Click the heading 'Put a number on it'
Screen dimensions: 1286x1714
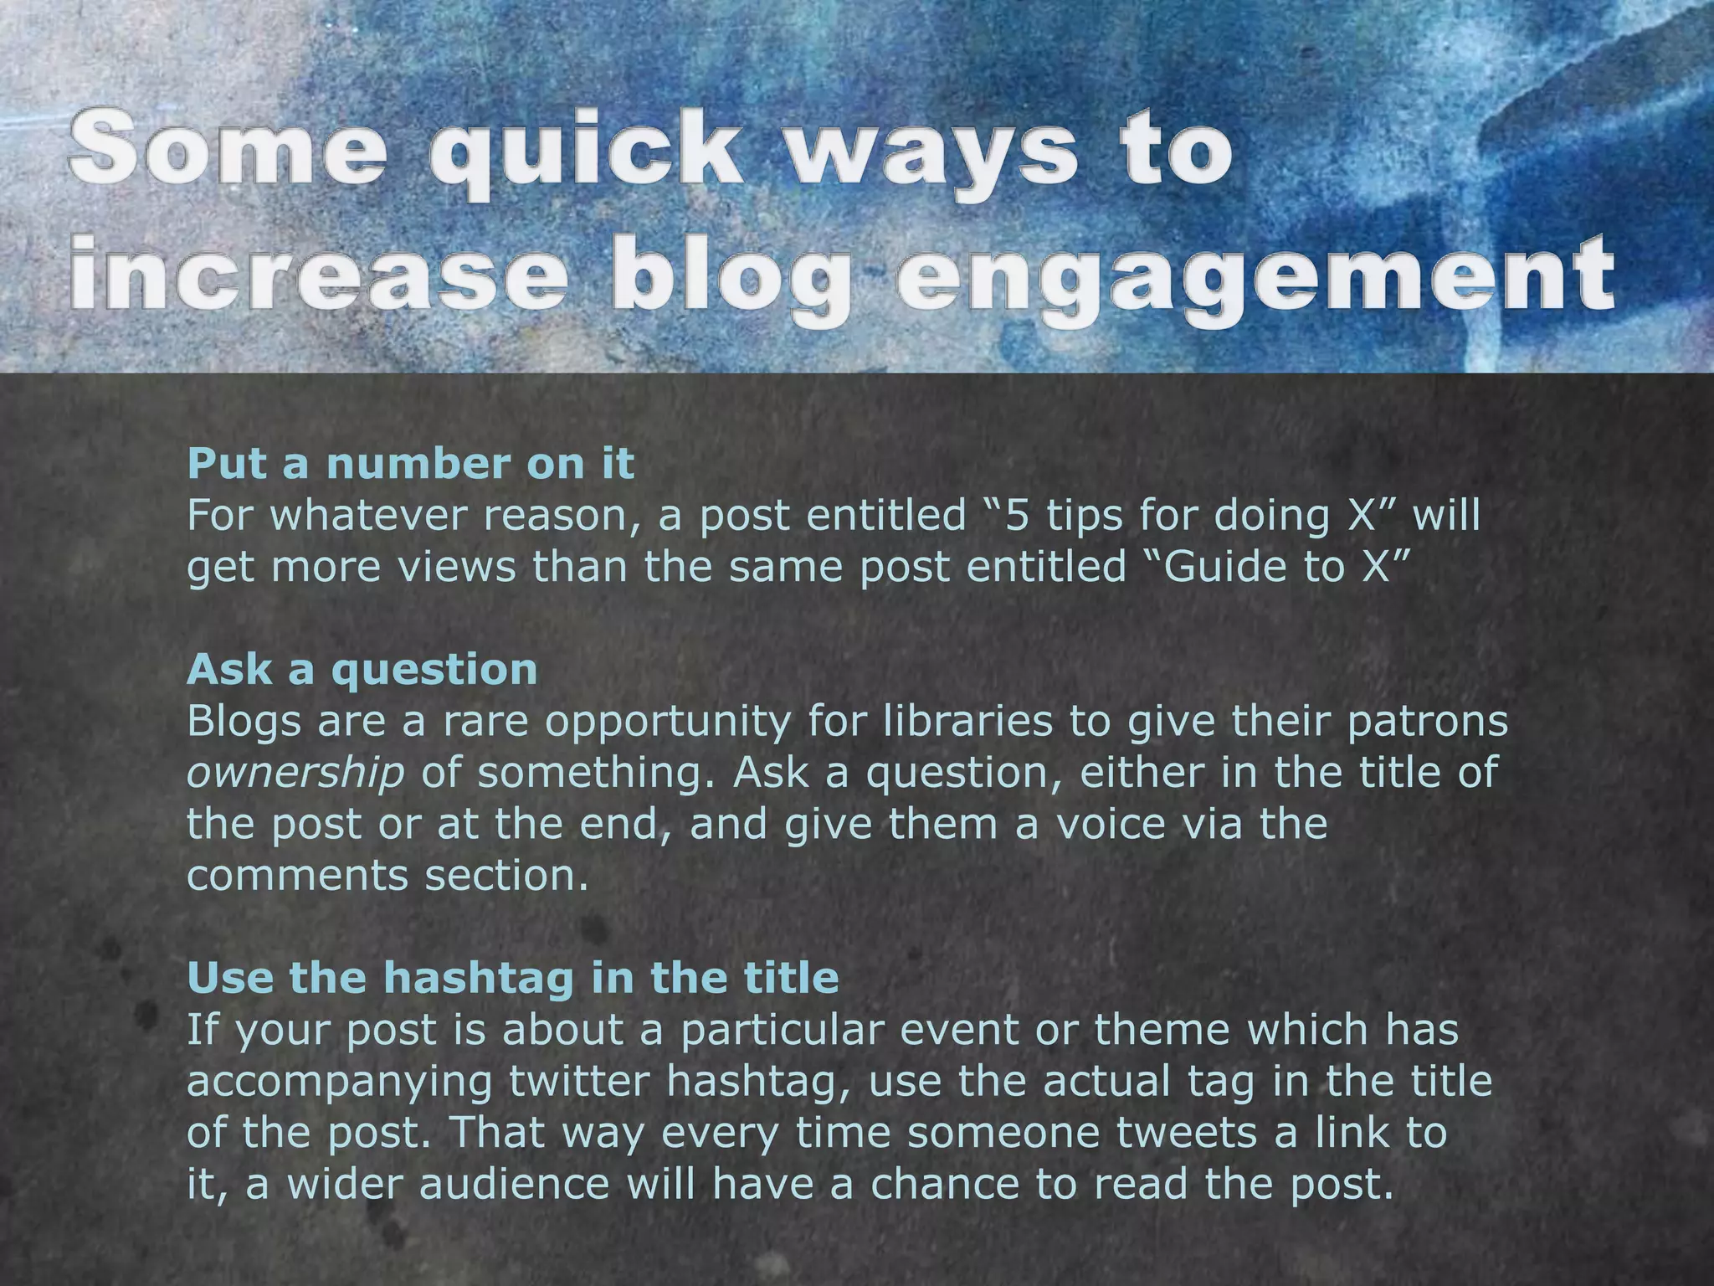pyautogui.click(x=411, y=464)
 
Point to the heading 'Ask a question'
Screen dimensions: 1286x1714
pyautogui.click(x=362, y=669)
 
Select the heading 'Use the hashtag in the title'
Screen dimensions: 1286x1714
pyautogui.click(x=513, y=977)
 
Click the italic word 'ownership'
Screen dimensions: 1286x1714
pyautogui.click(x=295, y=773)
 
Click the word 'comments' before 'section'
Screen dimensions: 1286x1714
pyautogui.click(x=297, y=876)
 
